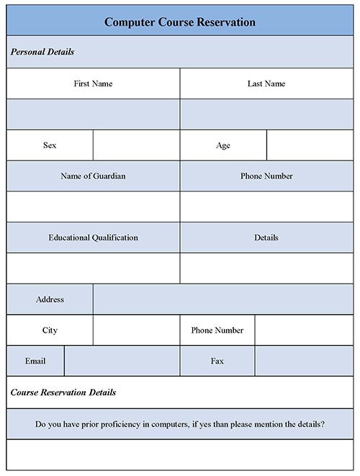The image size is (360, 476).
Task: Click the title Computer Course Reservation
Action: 179,22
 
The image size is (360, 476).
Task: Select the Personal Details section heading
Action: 42,53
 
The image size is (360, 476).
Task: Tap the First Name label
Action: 93,84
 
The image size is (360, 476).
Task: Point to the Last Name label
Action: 266,84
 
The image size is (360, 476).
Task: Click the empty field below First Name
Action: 93,114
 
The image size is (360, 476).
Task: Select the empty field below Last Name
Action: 266,114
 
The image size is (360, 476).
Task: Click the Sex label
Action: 50,145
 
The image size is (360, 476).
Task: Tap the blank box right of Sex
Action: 136,145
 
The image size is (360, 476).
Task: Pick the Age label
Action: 223,145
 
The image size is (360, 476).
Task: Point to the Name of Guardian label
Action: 93,176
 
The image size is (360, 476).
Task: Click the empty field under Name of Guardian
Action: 93,207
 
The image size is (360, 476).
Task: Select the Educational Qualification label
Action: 93,238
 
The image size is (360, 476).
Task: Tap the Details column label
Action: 266,238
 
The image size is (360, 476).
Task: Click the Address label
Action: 50,300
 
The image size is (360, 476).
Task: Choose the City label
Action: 50,331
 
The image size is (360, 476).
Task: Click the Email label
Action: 35,361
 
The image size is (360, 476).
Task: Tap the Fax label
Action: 217,361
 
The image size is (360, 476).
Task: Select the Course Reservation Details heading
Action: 63,392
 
